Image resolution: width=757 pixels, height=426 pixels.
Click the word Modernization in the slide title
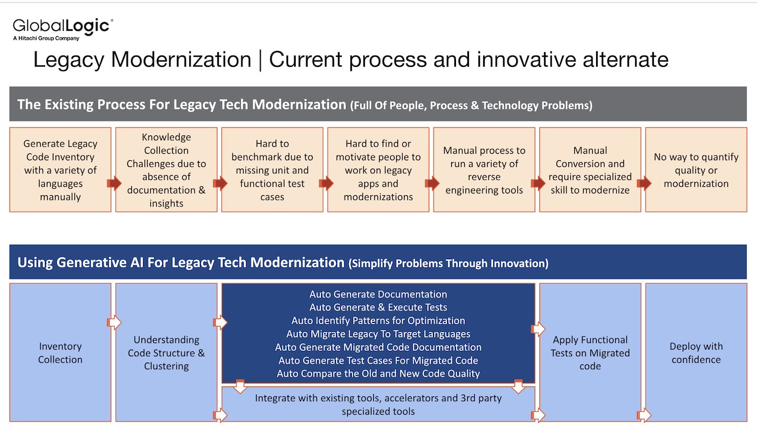181,60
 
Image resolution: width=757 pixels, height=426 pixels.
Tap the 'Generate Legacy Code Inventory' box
60,170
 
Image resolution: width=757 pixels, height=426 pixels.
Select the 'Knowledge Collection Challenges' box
166,170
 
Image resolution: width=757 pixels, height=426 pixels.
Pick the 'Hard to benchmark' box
272,170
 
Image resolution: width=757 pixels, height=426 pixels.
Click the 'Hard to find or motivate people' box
378,170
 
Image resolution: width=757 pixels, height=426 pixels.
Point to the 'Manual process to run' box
484,170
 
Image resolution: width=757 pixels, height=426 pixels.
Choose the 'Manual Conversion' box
590,170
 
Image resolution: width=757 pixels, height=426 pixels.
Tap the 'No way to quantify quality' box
696,170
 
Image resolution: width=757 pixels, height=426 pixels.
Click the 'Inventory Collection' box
60,353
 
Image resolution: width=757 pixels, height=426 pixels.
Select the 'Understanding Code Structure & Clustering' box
166,353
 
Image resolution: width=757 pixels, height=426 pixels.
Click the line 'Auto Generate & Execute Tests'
378,307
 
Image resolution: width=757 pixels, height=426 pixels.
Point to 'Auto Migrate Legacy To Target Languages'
378,334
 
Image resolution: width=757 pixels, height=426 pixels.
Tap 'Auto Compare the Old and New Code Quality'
378,373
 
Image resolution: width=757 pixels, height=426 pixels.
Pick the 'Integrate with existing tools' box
378,404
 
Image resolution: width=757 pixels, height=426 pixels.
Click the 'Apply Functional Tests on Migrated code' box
590,353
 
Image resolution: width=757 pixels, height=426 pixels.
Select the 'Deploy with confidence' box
696,353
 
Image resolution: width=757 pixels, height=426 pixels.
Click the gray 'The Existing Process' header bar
378,104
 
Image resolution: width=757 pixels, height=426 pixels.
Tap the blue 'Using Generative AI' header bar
378,262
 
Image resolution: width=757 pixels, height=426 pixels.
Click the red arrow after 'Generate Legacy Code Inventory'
114,183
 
